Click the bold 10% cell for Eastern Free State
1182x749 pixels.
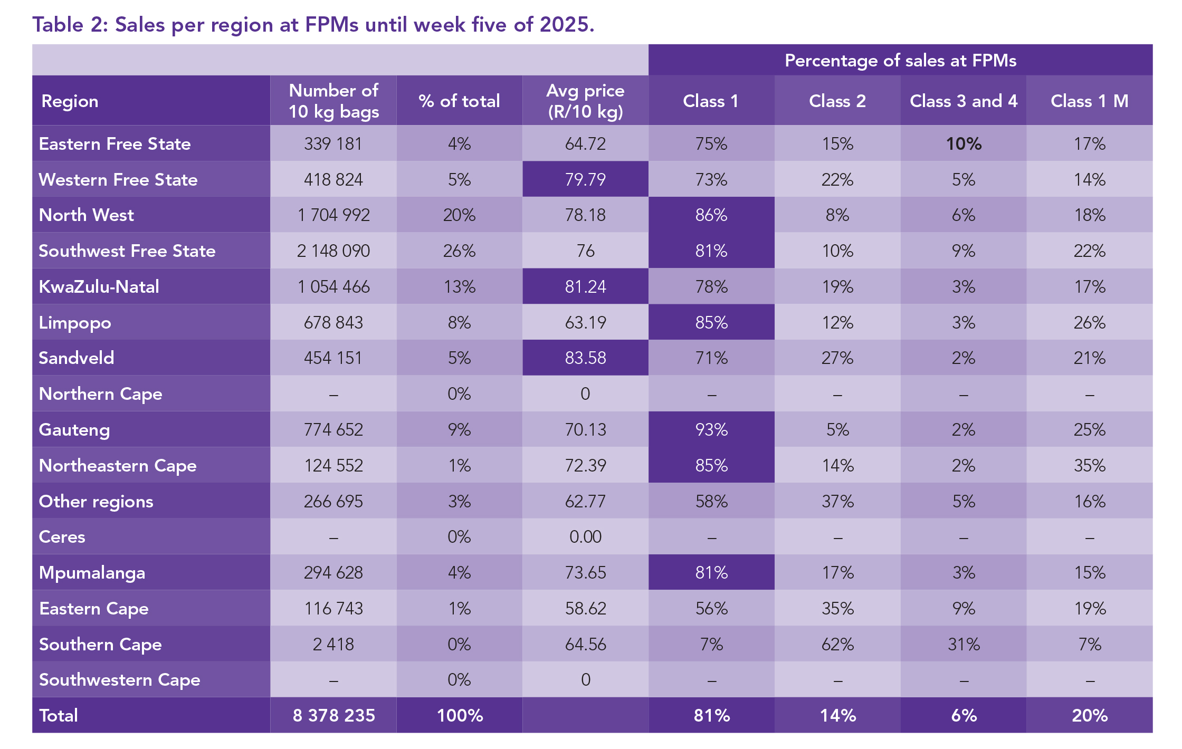[x=964, y=143]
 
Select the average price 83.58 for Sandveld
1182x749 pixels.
[x=585, y=358]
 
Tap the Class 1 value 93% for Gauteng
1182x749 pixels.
[x=711, y=429]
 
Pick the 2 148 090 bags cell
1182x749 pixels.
[x=333, y=251]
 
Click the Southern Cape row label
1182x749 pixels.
[x=100, y=644]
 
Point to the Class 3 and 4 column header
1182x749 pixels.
[x=964, y=101]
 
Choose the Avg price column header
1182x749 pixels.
[x=585, y=101]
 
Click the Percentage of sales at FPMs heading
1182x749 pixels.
[x=900, y=61]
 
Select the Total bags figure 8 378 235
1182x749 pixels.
[x=333, y=715]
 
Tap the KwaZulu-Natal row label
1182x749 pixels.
[x=99, y=286]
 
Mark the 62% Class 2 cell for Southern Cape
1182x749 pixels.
[x=837, y=644]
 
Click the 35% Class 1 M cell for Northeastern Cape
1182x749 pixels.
[x=1090, y=465]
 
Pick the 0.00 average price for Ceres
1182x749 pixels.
[x=585, y=536]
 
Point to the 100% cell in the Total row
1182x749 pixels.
[x=460, y=715]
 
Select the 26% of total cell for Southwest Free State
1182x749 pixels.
[x=459, y=251]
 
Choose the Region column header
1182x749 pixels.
[x=70, y=101]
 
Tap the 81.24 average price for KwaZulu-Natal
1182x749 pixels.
[x=585, y=286]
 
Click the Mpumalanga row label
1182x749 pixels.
[x=92, y=572]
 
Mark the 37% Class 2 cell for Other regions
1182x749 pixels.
[x=837, y=501]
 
